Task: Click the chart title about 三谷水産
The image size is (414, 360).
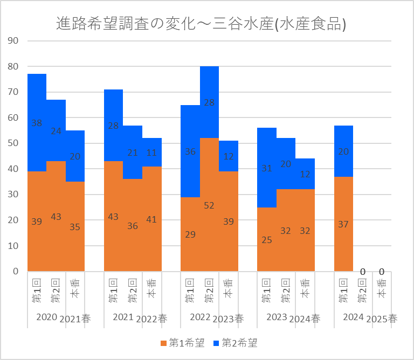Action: point(201,24)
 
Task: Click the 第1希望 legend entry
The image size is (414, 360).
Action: point(183,343)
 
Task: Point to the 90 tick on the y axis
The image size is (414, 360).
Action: point(13,41)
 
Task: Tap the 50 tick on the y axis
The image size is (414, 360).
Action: point(13,143)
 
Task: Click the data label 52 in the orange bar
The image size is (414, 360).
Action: point(209,206)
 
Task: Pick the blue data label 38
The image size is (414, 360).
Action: point(37,123)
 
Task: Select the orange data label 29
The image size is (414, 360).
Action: point(190,234)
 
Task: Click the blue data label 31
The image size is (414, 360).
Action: point(266,168)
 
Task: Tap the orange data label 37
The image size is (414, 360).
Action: point(343,224)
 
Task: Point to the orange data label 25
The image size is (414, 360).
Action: point(266,240)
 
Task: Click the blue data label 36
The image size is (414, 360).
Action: point(190,152)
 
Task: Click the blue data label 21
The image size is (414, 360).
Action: point(133,153)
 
